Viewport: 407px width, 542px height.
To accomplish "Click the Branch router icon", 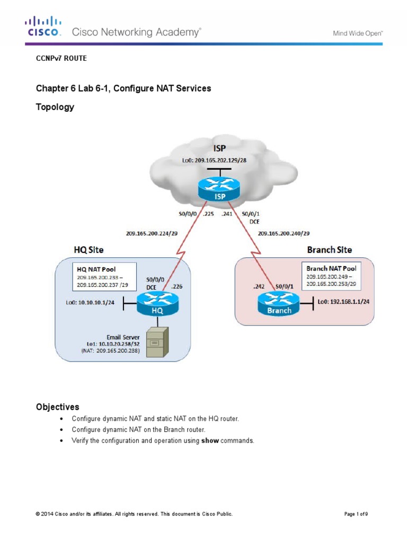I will pyautogui.click(x=279, y=305).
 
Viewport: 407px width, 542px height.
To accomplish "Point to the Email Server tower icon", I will pyautogui.click(x=156, y=342).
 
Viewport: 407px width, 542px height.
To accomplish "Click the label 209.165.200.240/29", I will pyautogui.click(x=284, y=232).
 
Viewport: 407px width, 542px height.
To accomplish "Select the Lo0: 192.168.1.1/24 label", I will pyautogui.click(x=343, y=301).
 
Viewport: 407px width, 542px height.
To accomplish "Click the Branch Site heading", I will pyautogui.click(x=329, y=249).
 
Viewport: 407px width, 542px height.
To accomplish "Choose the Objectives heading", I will pyautogui.click(x=57, y=407).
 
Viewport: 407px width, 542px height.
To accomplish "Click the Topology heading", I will pyautogui.click(x=55, y=107).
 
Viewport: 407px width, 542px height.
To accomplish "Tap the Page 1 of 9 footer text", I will pyautogui.click(x=356, y=513).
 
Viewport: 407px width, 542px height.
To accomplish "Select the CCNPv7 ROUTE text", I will pyautogui.click(x=61, y=58).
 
